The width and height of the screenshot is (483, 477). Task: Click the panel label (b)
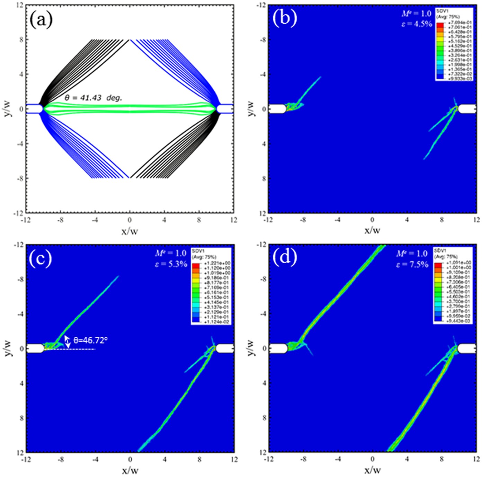pyautogui.click(x=285, y=18)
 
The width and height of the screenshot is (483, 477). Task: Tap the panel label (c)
pyautogui.click(x=41, y=258)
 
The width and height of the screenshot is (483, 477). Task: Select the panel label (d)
pyautogui.click(x=285, y=258)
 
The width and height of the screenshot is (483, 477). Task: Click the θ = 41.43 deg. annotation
pyautogui.click(x=93, y=98)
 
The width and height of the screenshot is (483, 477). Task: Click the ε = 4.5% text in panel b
pyautogui.click(x=417, y=24)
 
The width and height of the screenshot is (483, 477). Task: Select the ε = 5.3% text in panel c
pyautogui.click(x=171, y=264)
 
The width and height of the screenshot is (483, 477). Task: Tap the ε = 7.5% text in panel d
pyautogui.click(x=412, y=264)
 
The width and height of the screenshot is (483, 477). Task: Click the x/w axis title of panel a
pyautogui.click(x=129, y=231)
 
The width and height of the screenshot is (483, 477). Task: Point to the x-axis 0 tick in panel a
pyautogui.click(x=129, y=220)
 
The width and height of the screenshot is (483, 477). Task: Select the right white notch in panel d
pyautogui.click(x=466, y=348)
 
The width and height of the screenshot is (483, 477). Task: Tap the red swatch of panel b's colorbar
pyautogui.click(x=440, y=25)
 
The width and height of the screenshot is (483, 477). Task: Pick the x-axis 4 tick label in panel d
pyautogui.click(x=407, y=459)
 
